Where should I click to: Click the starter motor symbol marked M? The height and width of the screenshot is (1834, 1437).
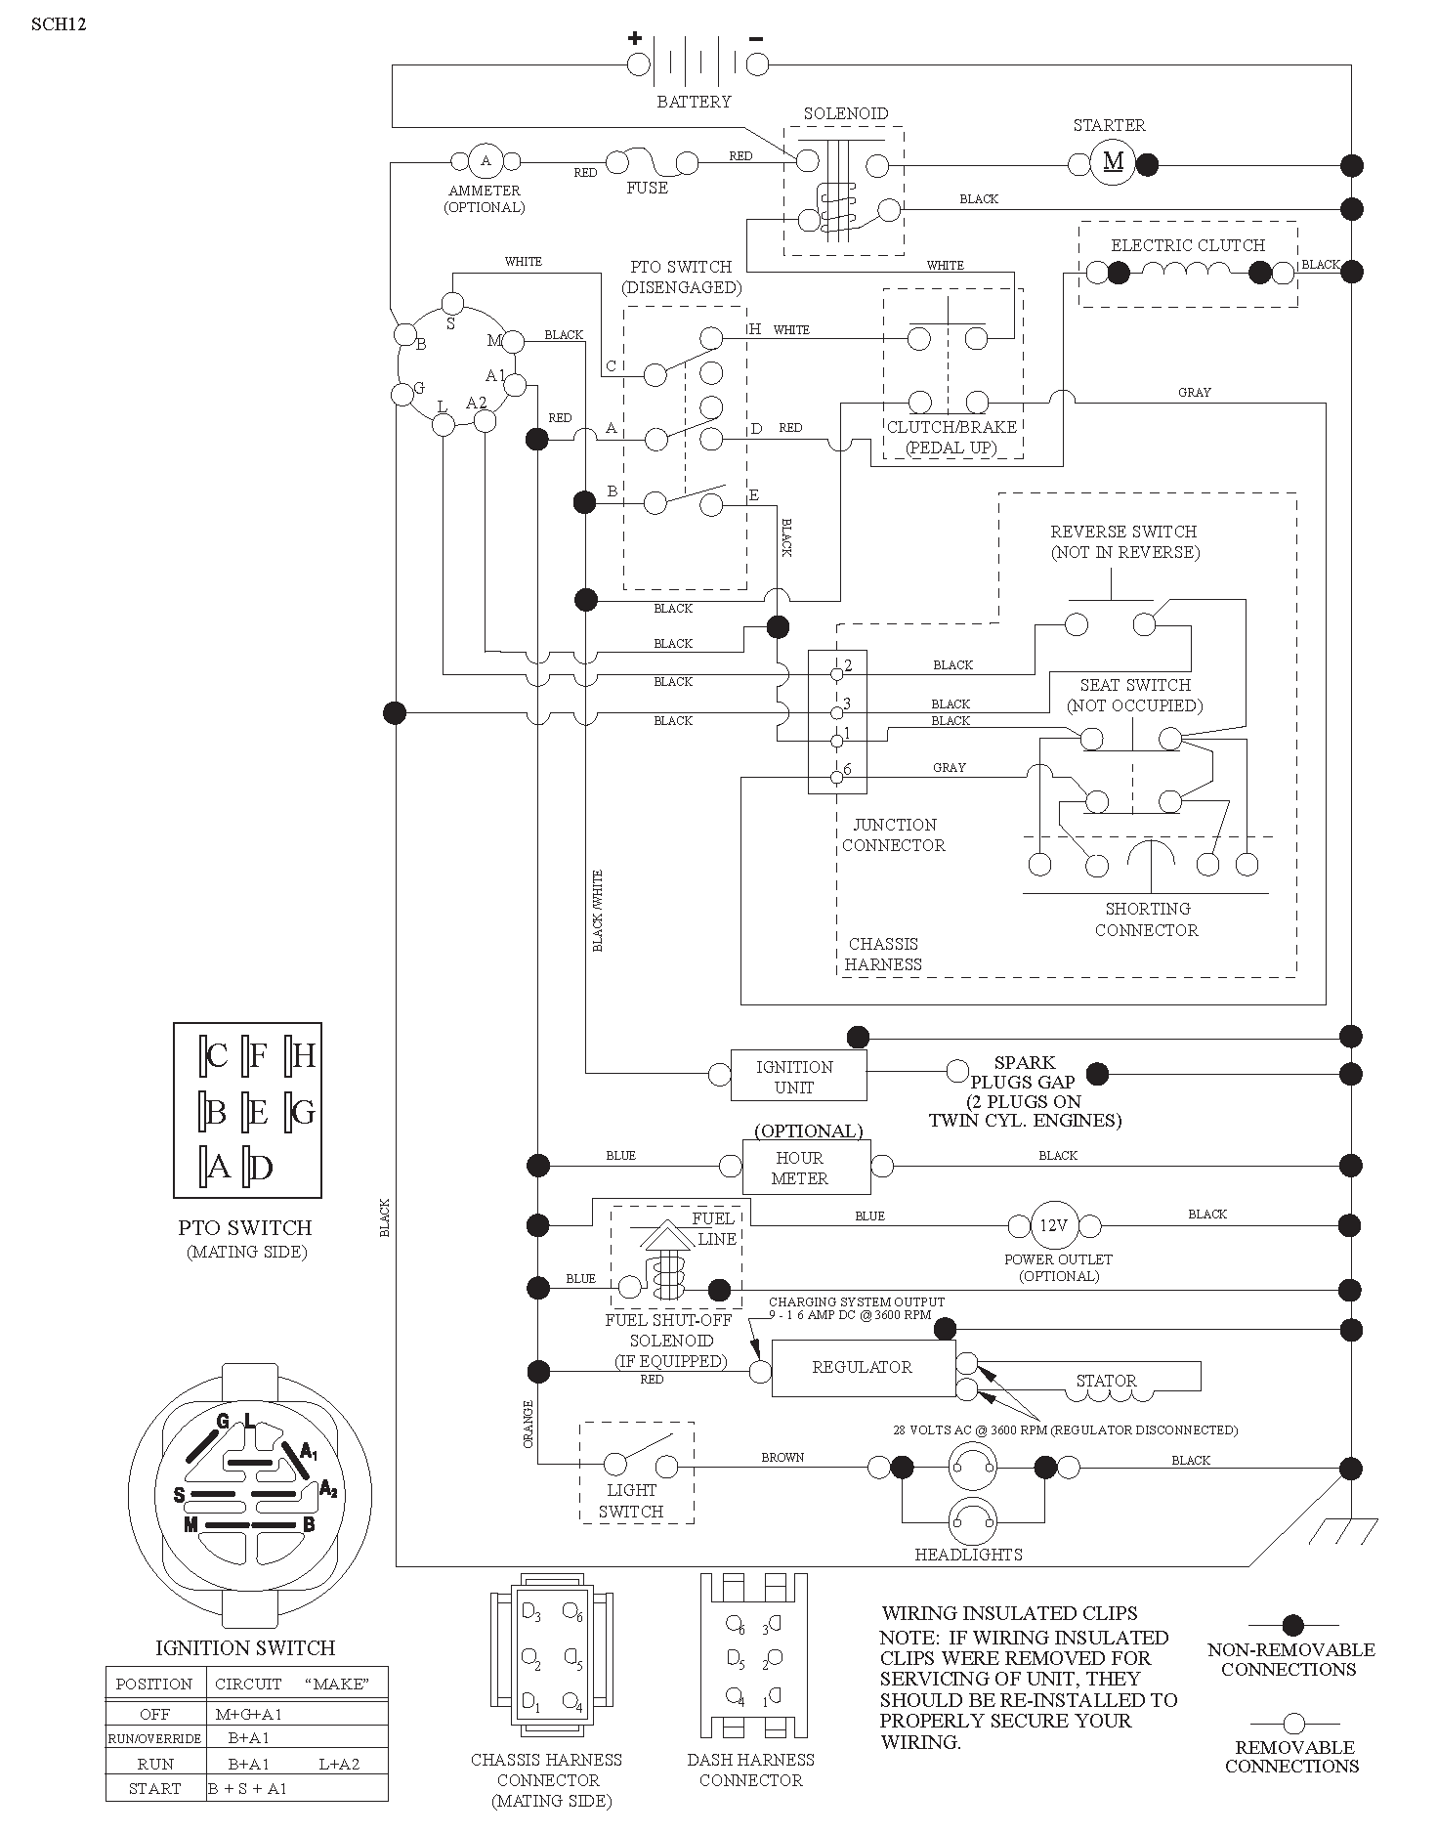1113,161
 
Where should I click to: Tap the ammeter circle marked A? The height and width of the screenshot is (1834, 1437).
486,161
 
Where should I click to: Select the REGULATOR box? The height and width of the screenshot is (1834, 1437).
863,1367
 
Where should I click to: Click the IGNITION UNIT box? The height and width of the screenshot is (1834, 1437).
798,1076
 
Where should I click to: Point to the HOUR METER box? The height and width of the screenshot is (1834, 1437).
806,1168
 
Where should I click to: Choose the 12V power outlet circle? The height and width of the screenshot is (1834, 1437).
1053,1225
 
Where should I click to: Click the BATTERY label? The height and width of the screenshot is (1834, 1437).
694,102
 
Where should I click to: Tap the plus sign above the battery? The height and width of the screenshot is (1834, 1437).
635,39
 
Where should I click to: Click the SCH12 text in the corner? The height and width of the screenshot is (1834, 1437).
59,24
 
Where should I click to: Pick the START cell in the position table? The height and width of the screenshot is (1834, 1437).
155,1788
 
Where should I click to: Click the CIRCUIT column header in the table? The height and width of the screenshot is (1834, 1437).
248,1684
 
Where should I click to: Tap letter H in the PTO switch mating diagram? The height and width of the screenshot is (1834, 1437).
304,1055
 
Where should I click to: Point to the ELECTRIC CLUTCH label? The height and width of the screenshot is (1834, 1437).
1188,245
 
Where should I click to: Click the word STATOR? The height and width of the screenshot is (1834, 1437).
1106,1381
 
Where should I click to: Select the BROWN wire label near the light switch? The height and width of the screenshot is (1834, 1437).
782,1457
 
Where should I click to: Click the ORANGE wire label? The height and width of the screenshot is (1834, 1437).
528,1425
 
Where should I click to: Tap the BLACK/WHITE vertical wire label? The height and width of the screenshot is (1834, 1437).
598,911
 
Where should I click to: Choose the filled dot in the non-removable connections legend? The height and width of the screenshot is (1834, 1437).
1292,1626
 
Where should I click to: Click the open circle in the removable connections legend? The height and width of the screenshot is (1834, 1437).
1293,1723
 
